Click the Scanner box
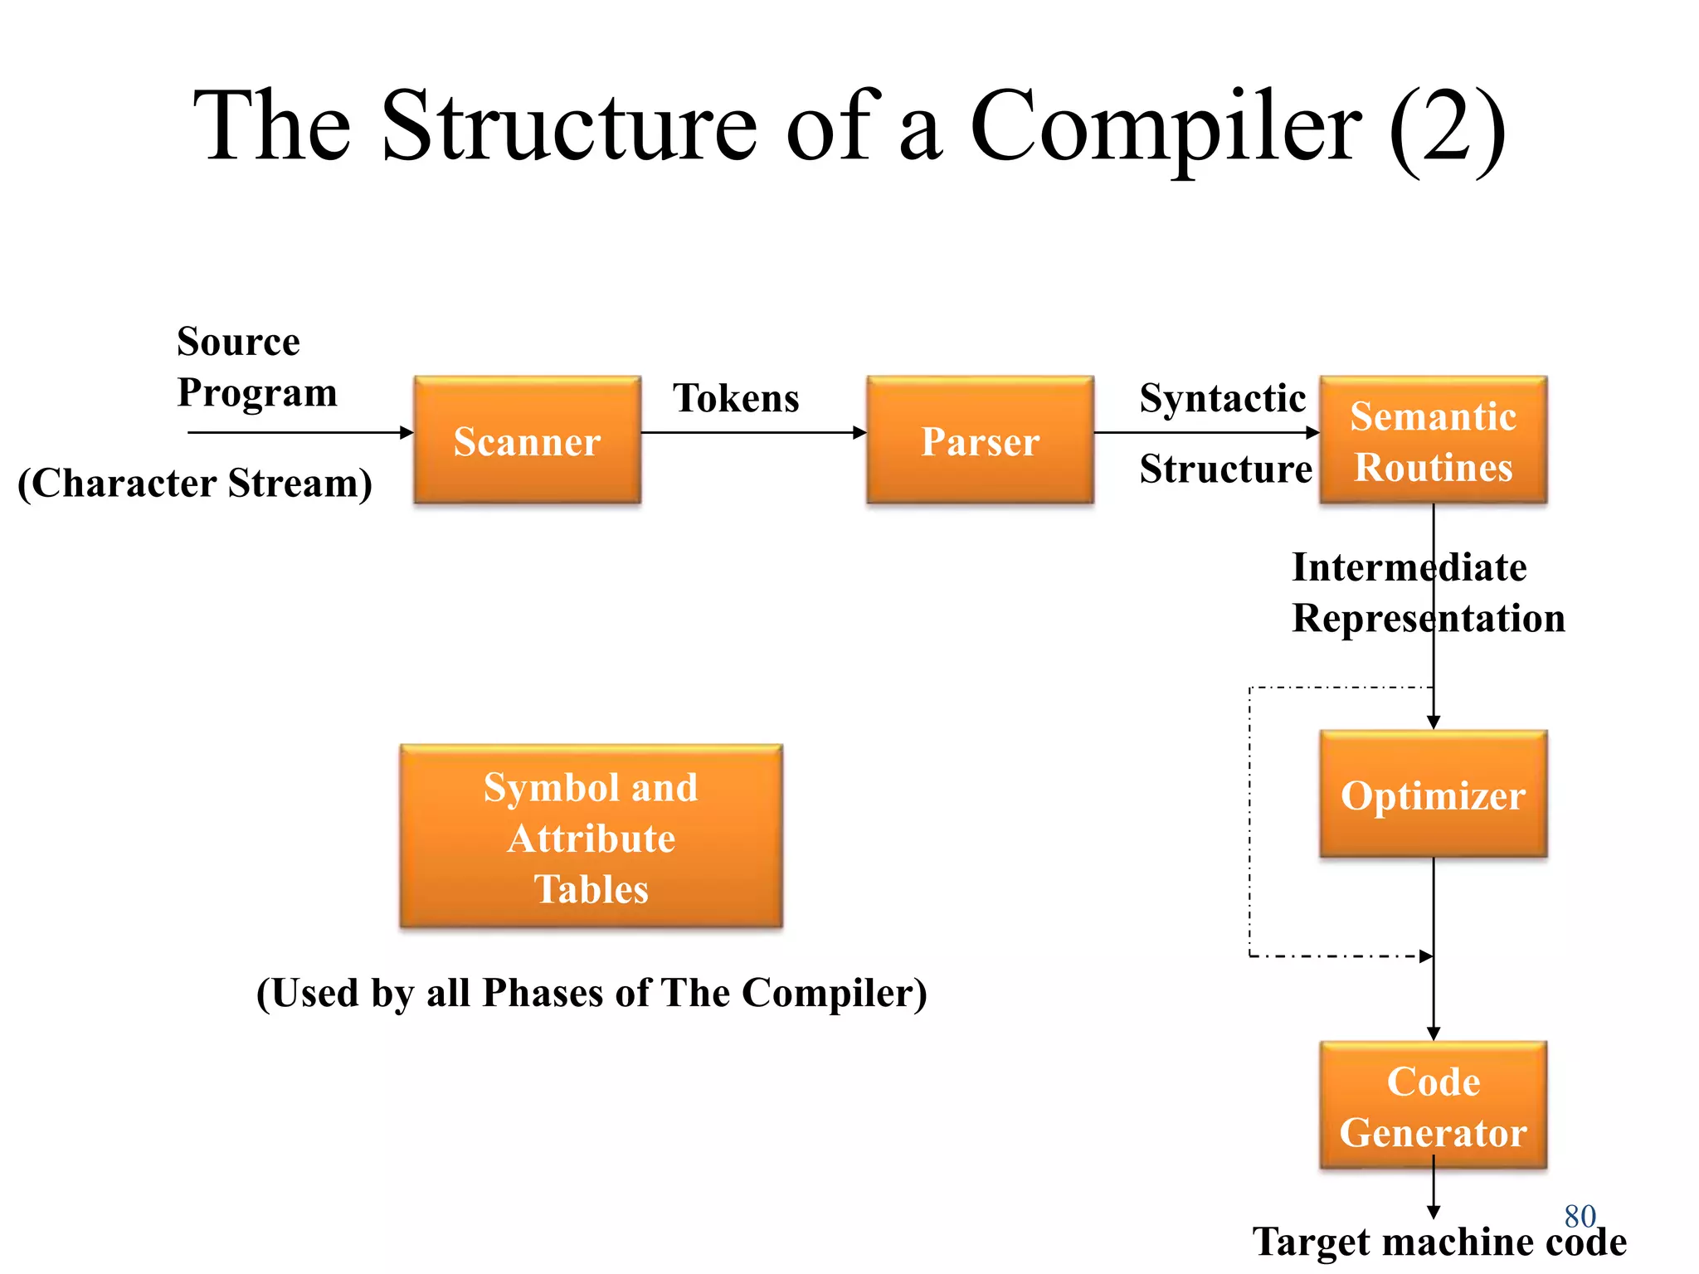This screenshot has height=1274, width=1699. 527,440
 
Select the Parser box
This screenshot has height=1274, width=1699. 980,440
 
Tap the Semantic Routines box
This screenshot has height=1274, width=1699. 1433,440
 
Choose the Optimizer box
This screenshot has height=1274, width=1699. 1433,795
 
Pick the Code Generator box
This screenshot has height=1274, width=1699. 1433,1106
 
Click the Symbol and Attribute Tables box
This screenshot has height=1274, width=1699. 591,837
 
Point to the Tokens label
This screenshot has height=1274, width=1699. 736,398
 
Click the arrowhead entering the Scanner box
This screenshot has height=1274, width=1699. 406,432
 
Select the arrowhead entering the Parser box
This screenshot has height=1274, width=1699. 859,432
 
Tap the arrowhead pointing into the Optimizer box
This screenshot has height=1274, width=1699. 1433,722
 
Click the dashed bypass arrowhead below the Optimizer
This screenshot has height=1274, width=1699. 1425,956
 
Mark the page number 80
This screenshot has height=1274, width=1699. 1580,1216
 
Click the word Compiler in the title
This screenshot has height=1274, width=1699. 1165,126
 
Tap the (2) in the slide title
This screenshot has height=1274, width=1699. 1447,126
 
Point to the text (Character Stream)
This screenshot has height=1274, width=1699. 195,483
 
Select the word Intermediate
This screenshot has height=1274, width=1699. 1409,567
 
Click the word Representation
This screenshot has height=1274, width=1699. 1428,618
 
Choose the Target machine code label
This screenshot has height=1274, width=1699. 1439,1242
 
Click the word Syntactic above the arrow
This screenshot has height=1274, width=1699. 1222,398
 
